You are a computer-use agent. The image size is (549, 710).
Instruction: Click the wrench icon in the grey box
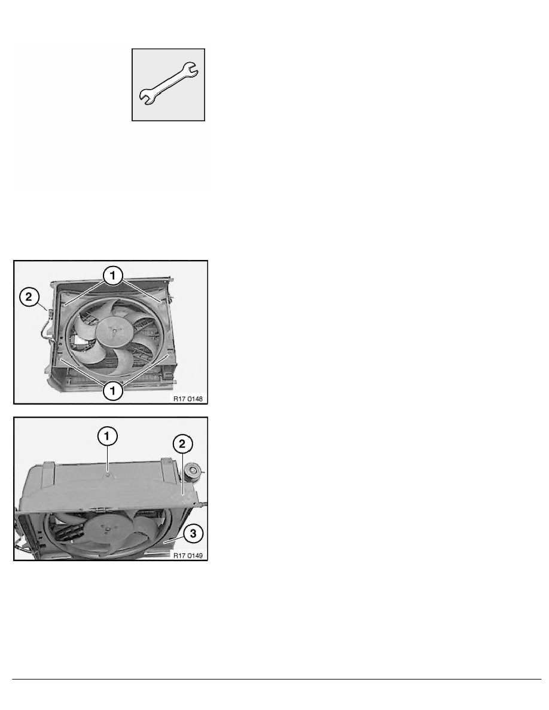(x=169, y=84)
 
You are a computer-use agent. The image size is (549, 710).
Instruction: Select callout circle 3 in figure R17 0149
(x=191, y=530)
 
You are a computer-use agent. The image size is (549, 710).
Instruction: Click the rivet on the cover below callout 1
(x=106, y=475)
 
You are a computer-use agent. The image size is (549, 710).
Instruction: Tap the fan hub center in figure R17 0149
(x=106, y=528)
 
